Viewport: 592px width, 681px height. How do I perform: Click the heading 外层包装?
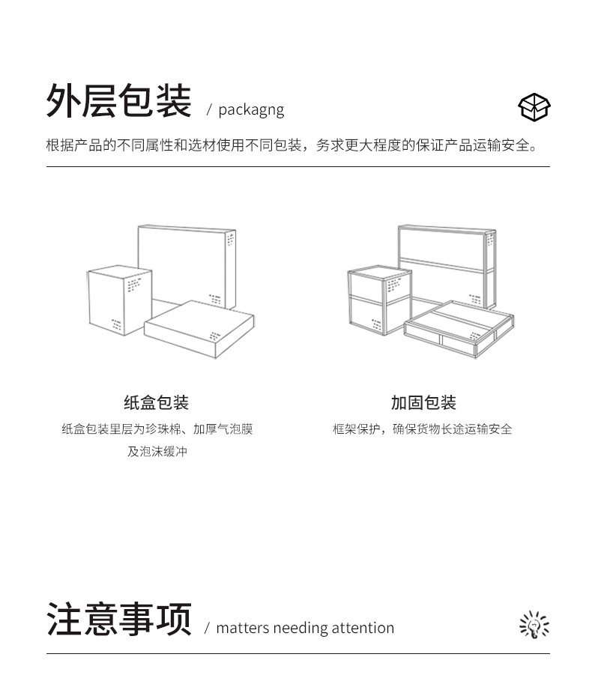[x=118, y=102]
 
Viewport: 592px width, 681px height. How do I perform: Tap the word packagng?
[x=251, y=110]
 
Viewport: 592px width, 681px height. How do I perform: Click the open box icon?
[x=534, y=107]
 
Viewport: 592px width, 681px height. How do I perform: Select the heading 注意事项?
[x=118, y=620]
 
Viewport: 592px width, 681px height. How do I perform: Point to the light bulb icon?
[x=534, y=625]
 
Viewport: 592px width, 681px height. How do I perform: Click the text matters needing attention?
[x=304, y=628]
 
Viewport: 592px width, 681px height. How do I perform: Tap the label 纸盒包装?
[x=156, y=402]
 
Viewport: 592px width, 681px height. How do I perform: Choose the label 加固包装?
[x=423, y=402]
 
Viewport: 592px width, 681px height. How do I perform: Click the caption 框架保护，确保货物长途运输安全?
[x=423, y=429]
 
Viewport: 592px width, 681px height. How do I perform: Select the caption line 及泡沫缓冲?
[x=157, y=452]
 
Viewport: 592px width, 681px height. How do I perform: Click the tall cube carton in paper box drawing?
[x=118, y=300]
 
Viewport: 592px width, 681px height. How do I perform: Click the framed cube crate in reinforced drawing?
[x=379, y=300]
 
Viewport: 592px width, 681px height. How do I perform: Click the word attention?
[x=362, y=628]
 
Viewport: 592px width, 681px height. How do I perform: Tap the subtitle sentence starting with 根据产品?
[x=292, y=145]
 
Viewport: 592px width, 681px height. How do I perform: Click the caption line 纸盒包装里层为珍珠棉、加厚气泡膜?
[x=157, y=429]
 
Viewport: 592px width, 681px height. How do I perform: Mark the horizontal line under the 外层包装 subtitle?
[x=297, y=166]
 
